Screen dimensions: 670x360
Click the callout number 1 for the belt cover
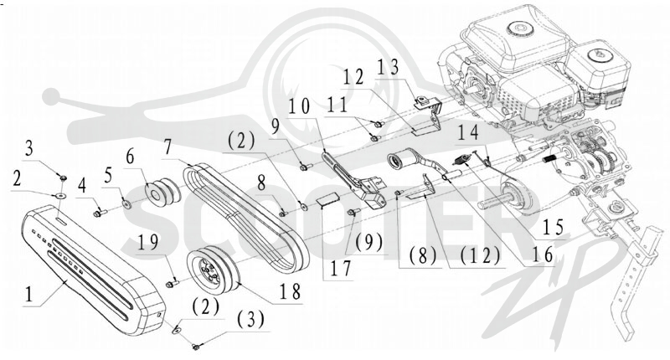click(x=29, y=294)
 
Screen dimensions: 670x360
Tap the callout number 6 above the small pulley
click(x=130, y=157)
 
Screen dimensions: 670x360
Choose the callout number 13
click(x=388, y=67)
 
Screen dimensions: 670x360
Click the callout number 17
click(x=340, y=269)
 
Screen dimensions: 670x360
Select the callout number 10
click(x=299, y=106)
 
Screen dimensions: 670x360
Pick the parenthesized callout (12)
click(x=480, y=255)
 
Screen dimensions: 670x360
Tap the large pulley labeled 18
click(x=214, y=270)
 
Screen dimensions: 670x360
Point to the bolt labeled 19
click(x=172, y=283)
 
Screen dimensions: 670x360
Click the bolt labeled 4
click(x=100, y=211)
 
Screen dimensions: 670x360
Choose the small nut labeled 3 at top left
click(x=62, y=177)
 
